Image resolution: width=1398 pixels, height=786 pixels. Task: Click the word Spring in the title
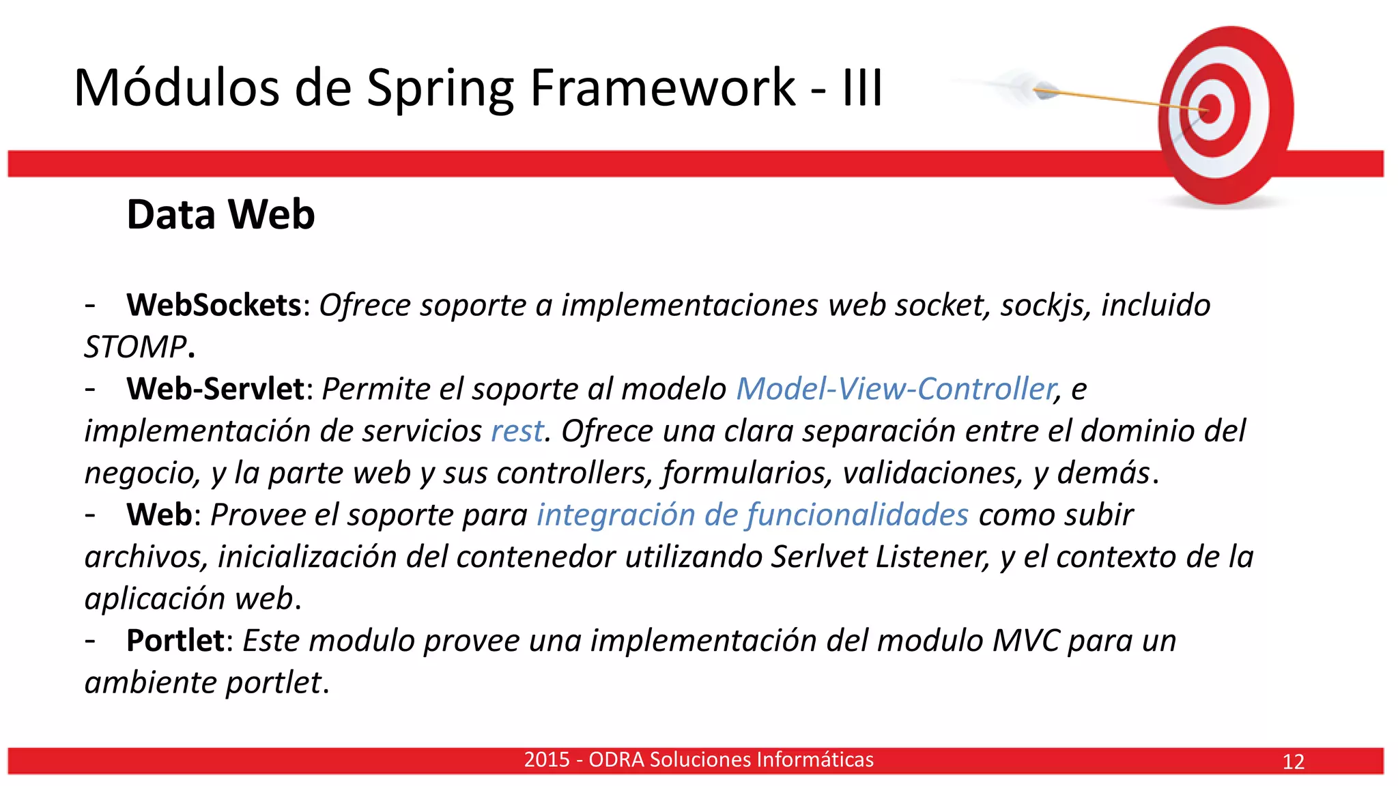coord(440,89)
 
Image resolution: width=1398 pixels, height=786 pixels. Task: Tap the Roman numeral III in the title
coord(863,89)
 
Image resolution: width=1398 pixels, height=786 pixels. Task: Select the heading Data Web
coord(220,214)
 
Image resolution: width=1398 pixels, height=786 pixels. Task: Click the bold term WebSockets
coord(214,305)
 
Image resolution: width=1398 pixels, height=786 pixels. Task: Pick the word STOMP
coord(135,347)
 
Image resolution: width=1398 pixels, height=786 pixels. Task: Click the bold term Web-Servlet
coord(215,389)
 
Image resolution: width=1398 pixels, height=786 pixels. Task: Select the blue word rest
coord(517,431)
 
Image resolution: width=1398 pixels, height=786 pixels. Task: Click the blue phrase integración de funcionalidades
coord(752,515)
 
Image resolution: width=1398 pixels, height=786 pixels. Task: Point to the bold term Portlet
coord(175,641)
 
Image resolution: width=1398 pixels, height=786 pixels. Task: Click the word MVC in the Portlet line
coord(1025,641)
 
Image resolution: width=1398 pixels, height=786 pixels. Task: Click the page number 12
coord(1293,761)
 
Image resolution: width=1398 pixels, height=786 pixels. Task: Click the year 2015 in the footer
coord(546,759)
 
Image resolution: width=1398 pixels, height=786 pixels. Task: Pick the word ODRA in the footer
coord(616,759)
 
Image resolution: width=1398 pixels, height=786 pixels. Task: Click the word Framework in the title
coord(662,89)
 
